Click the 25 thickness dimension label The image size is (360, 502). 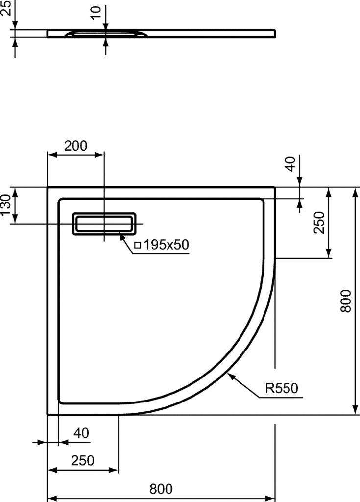pos(6,8)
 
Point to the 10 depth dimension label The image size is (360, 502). pos(96,13)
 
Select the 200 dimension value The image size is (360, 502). pos(75,146)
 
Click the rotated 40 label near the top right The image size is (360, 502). pos(290,164)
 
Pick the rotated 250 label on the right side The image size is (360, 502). pos(319,223)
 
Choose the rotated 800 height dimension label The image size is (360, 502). pos(346,301)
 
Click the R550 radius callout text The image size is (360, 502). pos(282,388)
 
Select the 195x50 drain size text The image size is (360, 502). pos(166,245)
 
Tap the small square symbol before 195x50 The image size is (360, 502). pos(138,245)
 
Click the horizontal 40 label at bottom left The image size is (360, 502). pos(81,433)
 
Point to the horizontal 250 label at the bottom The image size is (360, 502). pos(83,461)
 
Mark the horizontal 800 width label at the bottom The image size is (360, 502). pos(161,489)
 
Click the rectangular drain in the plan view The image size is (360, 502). pos(104,224)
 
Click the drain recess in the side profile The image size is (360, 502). pos(106,34)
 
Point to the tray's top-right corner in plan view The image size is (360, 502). pos(275,187)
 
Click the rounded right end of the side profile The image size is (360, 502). pos(274,34)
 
